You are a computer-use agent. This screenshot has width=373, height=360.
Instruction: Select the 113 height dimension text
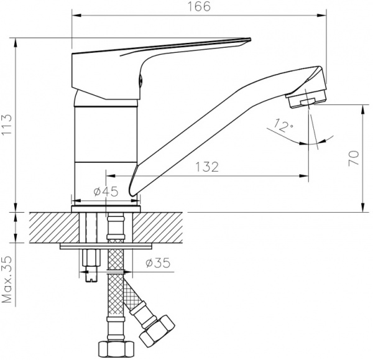(7, 125)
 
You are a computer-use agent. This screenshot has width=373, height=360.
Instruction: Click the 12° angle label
(283, 127)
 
